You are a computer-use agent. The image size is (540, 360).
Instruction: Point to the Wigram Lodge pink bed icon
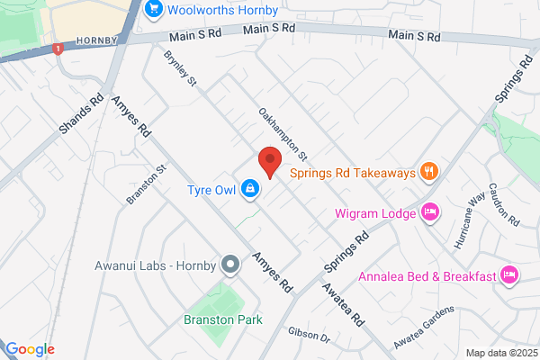coord(430,213)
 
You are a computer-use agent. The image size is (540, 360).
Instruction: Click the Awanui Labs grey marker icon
coord(231,265)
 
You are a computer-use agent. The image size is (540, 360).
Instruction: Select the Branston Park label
coord(216,319)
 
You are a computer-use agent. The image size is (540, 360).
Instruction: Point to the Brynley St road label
coord(179,70)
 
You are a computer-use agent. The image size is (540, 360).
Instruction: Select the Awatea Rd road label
coord(344,306)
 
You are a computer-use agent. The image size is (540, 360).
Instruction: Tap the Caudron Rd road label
coord(508,208)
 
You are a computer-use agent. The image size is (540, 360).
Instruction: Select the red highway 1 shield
coord(58,49)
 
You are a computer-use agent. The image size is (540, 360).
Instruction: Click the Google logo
coord(29,349)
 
